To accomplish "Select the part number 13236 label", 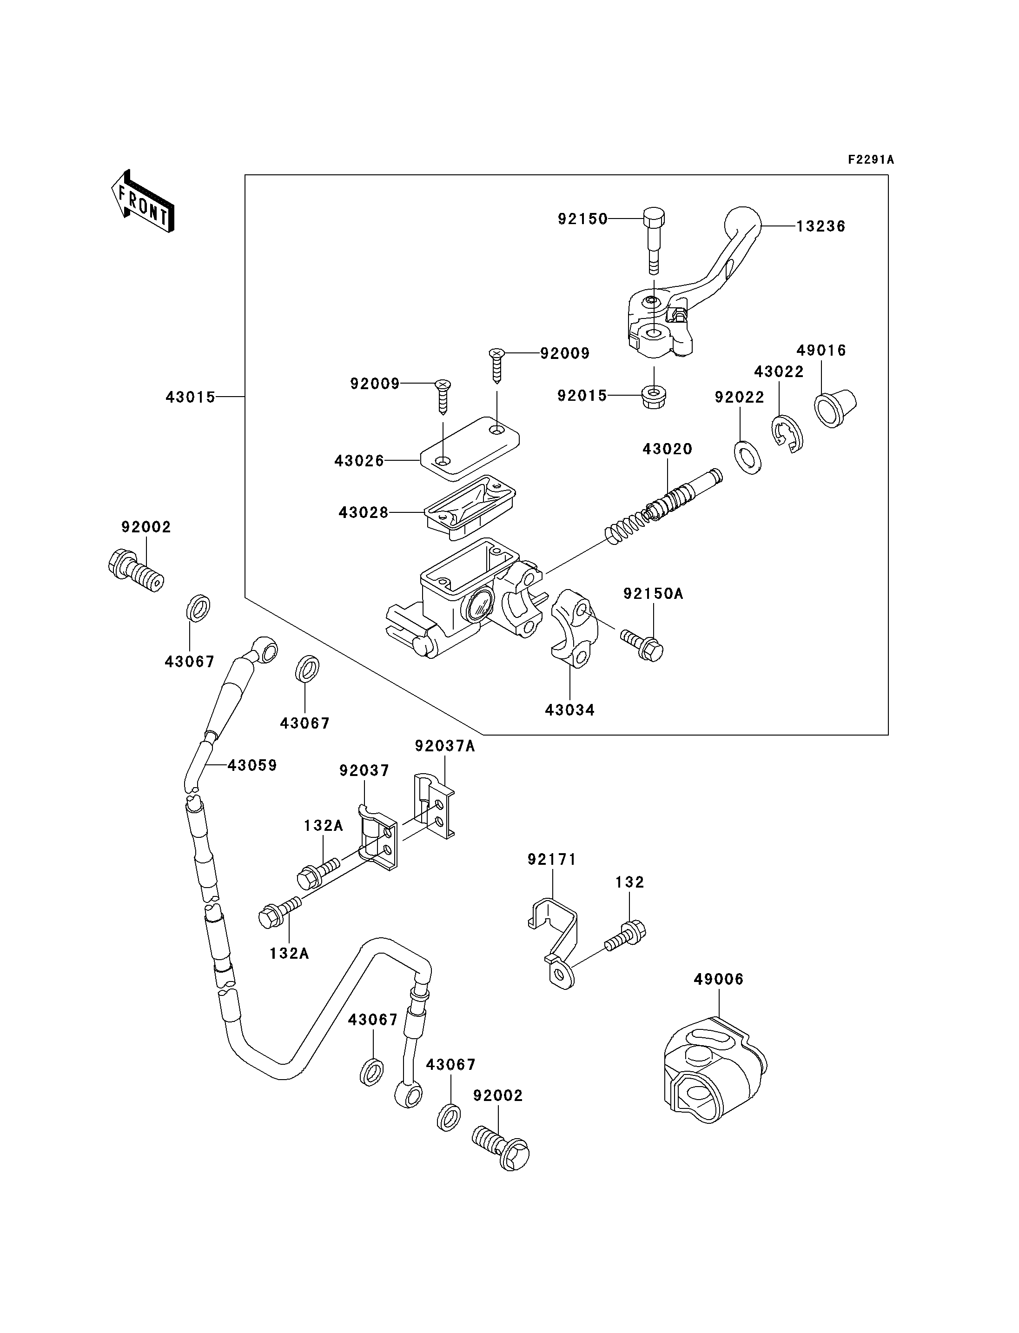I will (820, 226).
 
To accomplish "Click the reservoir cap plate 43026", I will (470, 444).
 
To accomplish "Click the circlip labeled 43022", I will (788, 434).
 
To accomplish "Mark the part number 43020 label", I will (667, 449).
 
